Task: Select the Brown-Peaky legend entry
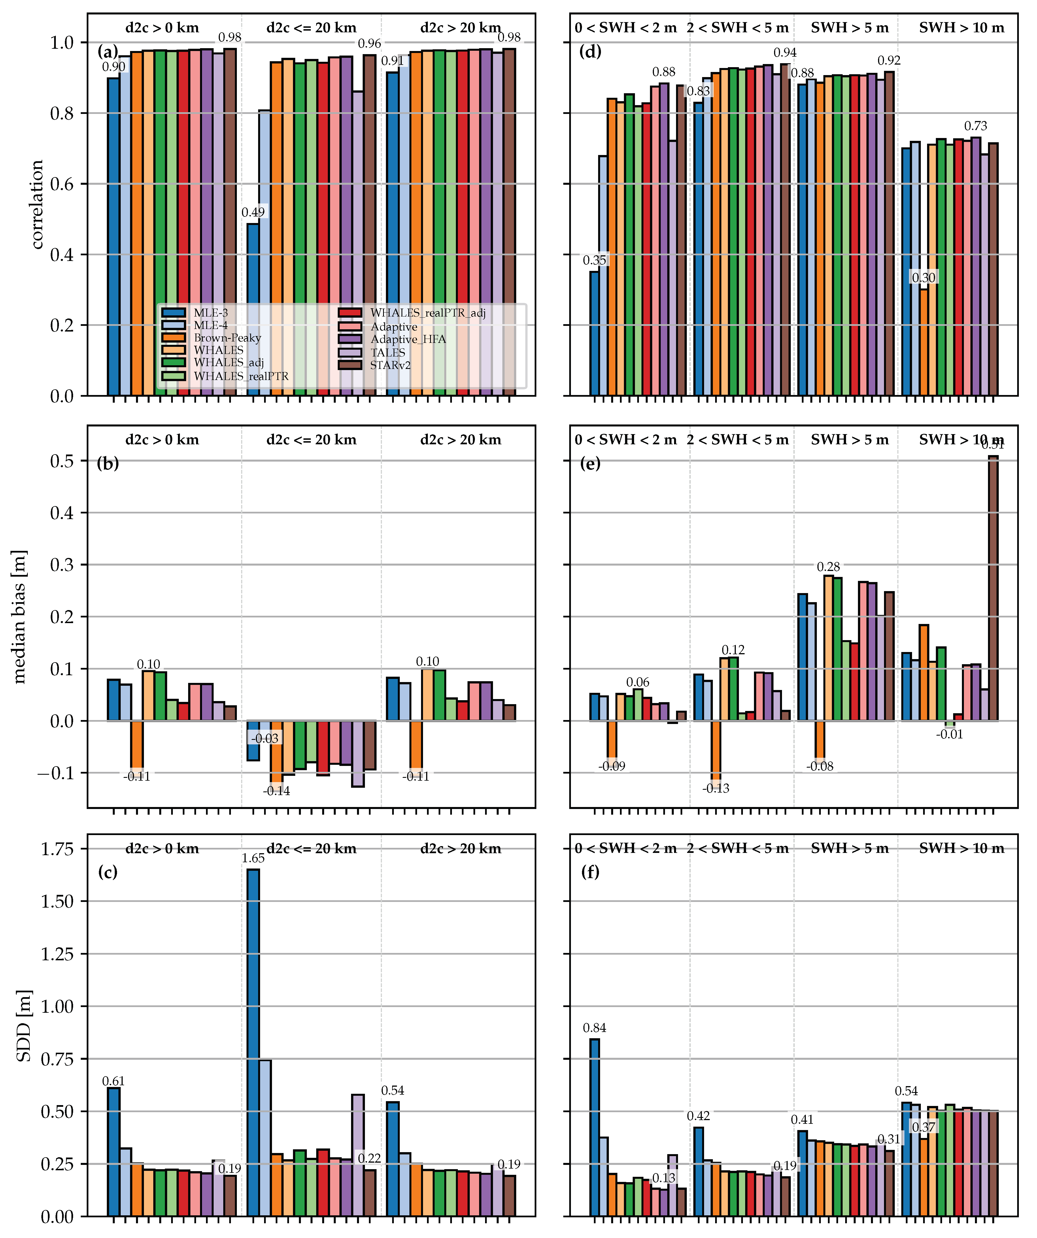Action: click(227, 338)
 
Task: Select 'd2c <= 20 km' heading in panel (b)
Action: click(311, 440)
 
